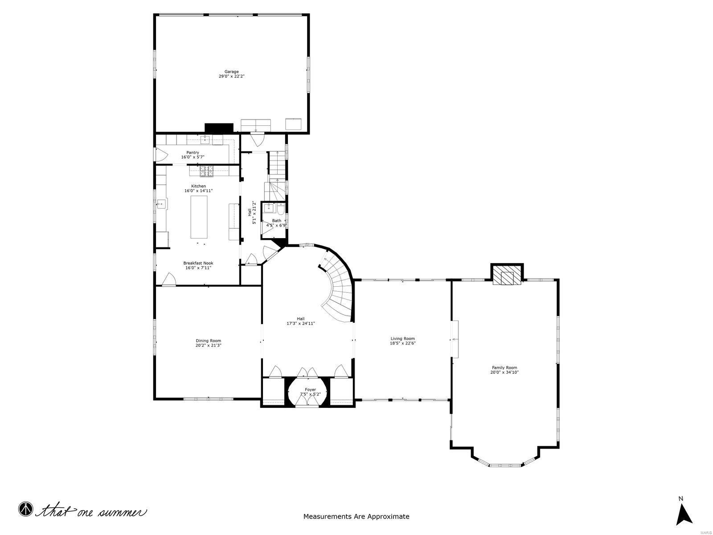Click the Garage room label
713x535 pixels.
point(231,71)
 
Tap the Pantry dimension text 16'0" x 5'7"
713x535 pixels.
point(193,157)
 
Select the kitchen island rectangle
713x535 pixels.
point(199,217)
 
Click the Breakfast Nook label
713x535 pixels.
point(198,263)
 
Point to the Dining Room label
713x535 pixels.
point(208,341)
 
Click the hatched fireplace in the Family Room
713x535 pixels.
point(507,277)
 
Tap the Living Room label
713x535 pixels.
point(402,338)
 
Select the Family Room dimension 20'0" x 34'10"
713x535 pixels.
point(504,372)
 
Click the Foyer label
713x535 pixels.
point(310,390)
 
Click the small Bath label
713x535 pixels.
point(277,221)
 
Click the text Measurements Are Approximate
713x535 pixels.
point(356,517)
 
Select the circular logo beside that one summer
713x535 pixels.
point(26,509)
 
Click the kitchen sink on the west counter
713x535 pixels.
point(161,204)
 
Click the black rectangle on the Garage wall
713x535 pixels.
point(219,128)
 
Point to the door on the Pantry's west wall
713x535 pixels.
point(160,155)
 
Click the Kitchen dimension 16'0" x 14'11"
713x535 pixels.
point(198,191)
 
